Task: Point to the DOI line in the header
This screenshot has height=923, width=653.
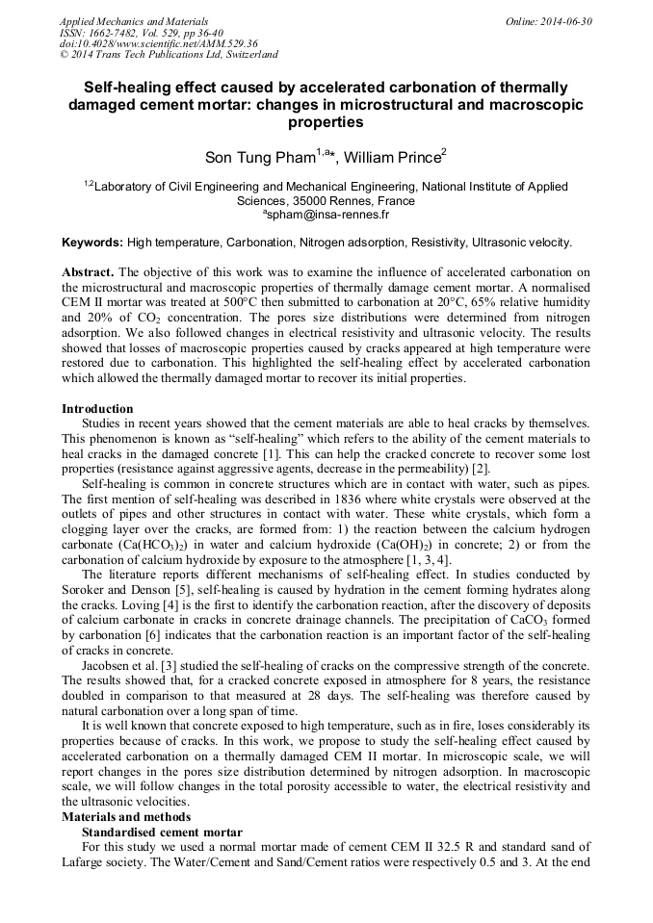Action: click(x=158, y=43)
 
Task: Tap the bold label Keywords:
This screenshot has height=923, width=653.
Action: click(x=92, y=242)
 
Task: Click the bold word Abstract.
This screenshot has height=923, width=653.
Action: click(x=88, y=272)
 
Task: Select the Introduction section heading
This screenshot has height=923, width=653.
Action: click(x=97, y=409)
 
